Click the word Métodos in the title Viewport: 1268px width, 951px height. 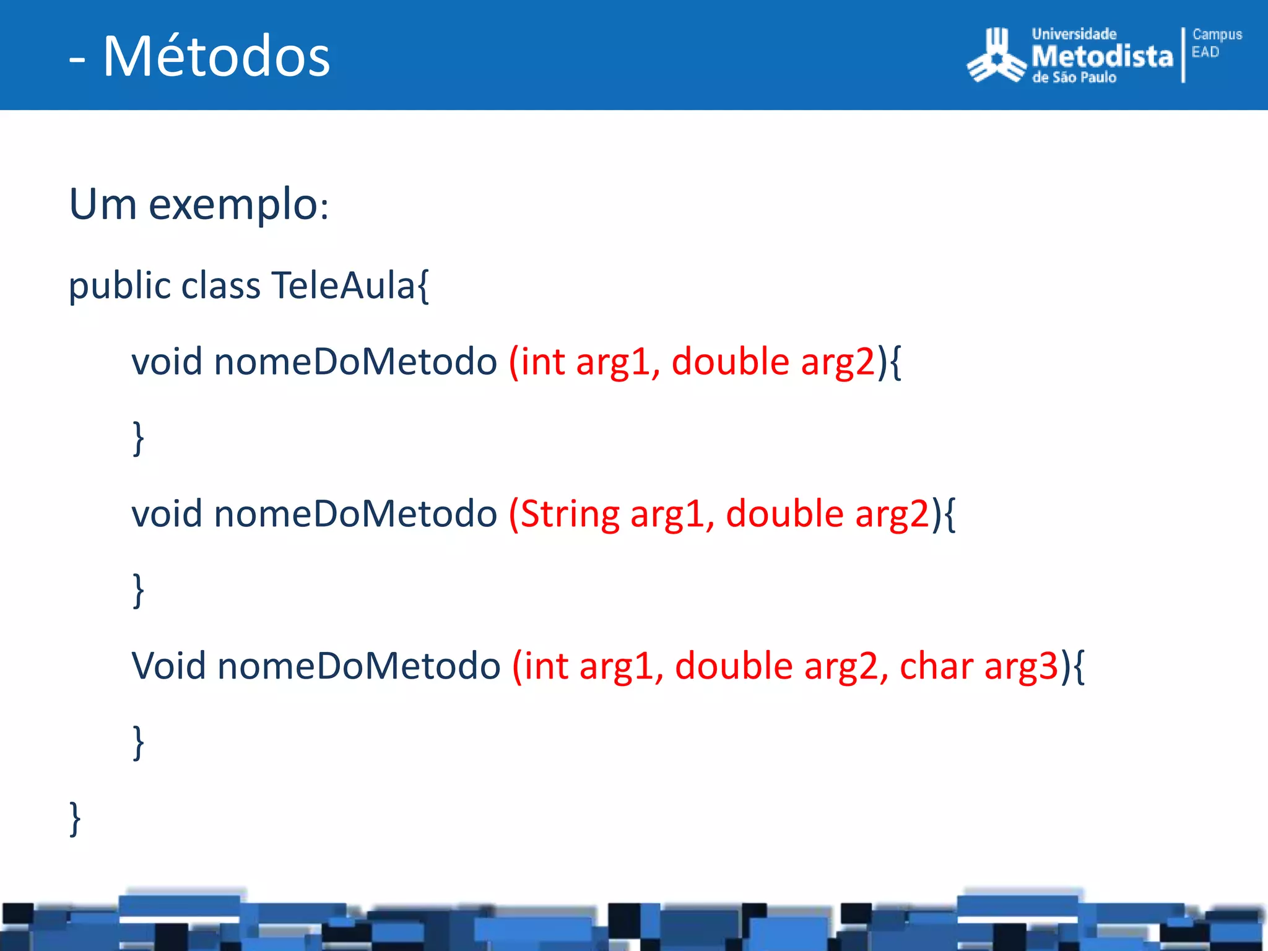tap(217, 56)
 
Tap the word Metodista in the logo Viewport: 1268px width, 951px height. tap(1102, 57)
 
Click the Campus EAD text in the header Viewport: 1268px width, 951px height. tap(1216, 43)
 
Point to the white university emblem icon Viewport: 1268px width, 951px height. tap(996, 56)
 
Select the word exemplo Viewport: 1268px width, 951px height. tap(233, 204)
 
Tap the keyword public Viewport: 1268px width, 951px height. tap(120, 285)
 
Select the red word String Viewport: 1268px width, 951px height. tap(570, 514)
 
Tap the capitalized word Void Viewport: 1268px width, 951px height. tap(168, 666)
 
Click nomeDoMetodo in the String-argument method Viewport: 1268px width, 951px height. tap(355, 514)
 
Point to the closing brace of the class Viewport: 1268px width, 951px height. tap(75, 819)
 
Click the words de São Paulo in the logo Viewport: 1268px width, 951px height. tap(1074, 78)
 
